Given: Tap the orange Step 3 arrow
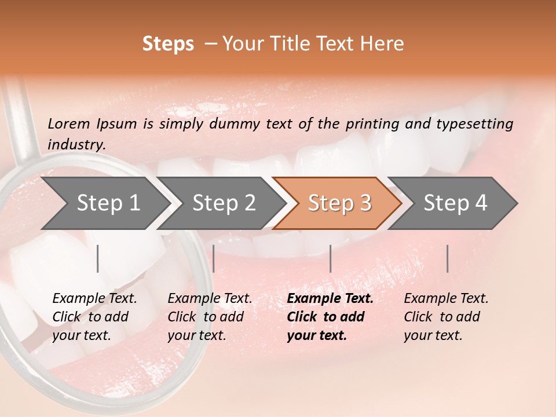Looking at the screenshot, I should (x=339, y=203).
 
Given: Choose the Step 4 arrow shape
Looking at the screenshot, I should (x=455, y=203).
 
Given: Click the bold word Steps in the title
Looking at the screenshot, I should (x=168, y=44).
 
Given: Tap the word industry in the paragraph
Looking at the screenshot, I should (x=76, y=145).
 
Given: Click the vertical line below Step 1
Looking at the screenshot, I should (x=98, y=258).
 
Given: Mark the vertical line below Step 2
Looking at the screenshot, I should (x=214, y=258).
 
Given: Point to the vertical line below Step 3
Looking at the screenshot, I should (x=331, y=258).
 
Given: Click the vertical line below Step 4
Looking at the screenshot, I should (x=447, y=258).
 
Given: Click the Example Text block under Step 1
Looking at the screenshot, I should (x=94, y=317).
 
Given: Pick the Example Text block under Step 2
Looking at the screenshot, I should (x=209, y=317).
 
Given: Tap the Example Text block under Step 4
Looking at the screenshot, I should (x=445, y=317).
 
